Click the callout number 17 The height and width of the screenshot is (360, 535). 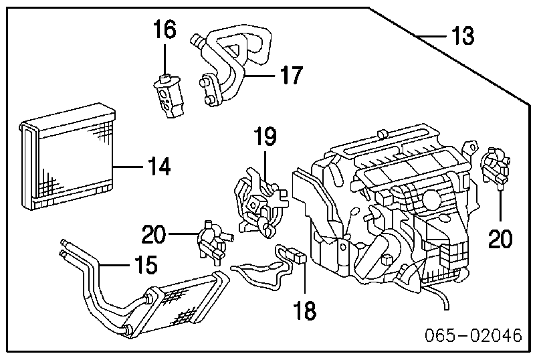point(291,75)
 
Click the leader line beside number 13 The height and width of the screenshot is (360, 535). point(428,35)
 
